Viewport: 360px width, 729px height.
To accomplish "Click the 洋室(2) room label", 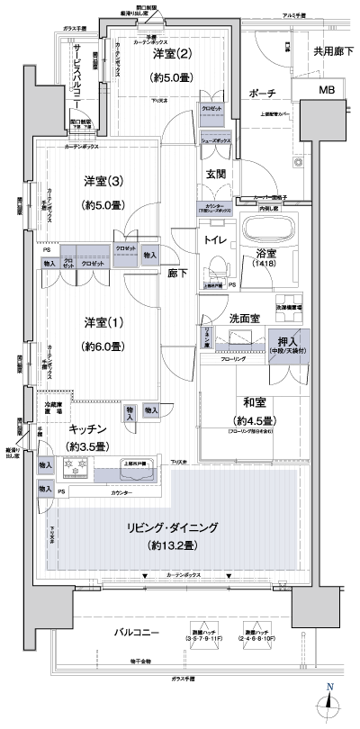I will (169, 56).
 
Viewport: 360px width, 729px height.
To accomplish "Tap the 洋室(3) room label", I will (103, 180).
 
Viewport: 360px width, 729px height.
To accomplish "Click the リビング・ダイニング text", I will (170, 527).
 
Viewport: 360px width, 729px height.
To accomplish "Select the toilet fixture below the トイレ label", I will (215, 269).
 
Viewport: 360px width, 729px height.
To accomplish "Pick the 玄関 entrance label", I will (216, 174).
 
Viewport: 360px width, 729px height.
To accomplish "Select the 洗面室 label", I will (221, 318).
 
